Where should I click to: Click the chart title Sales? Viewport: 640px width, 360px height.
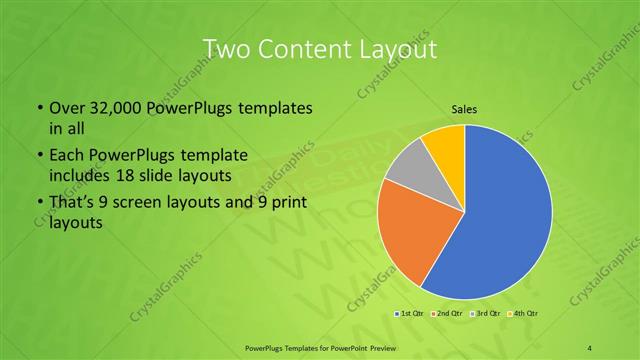[x=464, y=109]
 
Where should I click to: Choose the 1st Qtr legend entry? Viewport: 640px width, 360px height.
[x=410, y=314]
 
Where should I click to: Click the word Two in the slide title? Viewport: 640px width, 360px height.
[x=225, y=49]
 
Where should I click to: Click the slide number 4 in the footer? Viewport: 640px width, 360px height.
[x=590, y=346]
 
